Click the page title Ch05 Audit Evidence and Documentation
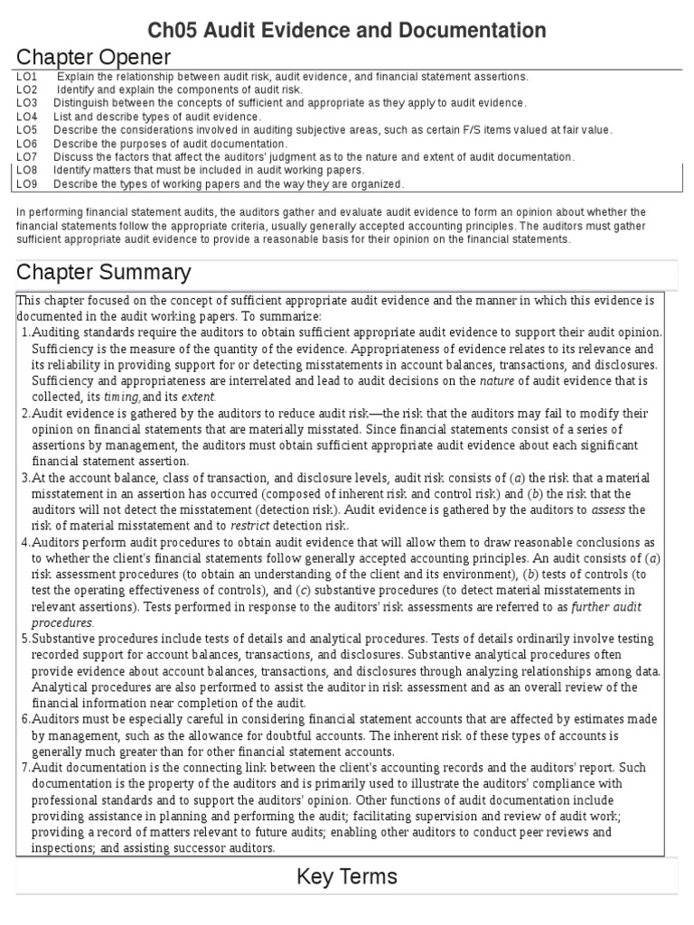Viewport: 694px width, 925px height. [347, 31]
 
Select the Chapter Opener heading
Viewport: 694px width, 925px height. [94, 58]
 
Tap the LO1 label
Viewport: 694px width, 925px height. [26, 77]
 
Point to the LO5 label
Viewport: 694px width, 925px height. [26, 130]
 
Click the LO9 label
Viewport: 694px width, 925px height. [26, 183]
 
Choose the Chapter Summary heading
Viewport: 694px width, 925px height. [104, 272]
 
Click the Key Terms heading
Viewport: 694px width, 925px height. [347, 876]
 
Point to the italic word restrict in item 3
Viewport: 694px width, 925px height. [250, 526]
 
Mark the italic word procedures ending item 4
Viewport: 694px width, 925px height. [61, 622]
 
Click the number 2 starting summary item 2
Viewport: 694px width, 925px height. [23, 414]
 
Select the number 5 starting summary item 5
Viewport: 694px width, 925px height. [23, 639]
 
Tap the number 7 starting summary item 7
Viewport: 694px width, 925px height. [23, 768]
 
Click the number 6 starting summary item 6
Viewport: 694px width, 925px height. [23, 719]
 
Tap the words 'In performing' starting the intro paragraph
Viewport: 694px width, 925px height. [47, 211]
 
